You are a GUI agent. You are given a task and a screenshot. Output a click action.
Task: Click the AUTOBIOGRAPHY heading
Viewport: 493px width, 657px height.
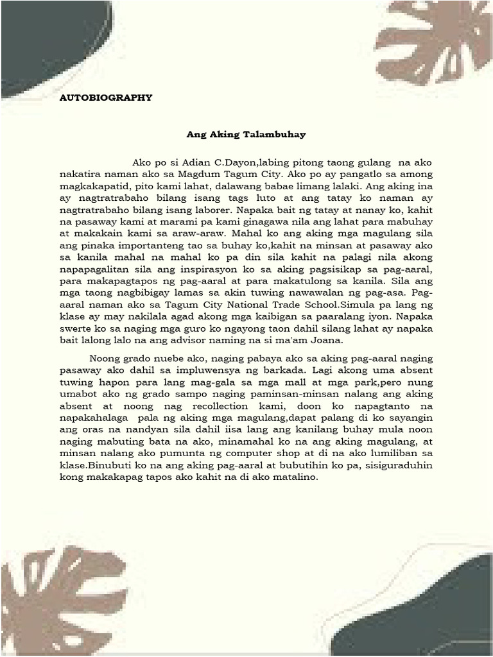106,98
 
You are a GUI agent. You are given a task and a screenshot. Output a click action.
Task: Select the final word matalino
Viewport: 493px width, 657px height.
297,477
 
